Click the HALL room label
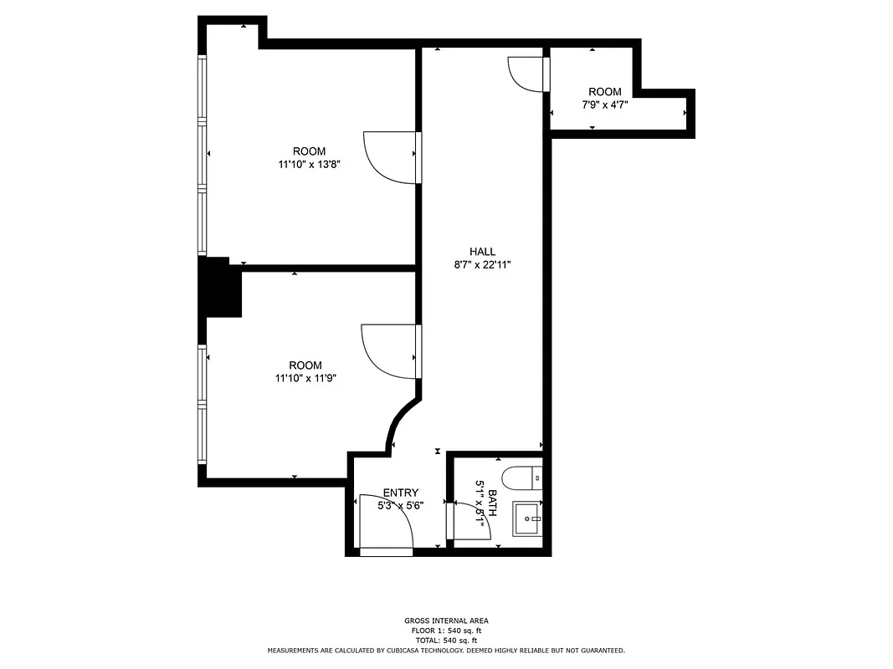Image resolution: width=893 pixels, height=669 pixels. click(x=482, y=251)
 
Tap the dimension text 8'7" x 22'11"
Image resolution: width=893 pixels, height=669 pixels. click(x=482, y=264)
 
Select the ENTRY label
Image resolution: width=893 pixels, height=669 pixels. click(x=400, y=493)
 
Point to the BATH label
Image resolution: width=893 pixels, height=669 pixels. click(x=493, y=503)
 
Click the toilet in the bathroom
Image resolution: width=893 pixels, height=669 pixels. click(x=529, y=477)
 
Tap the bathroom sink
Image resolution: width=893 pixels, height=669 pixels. click(x=528, y=518)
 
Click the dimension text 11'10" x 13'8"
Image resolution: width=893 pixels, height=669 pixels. click(x=309, y=165)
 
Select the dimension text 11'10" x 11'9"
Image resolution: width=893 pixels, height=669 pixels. click(x=305, y=378)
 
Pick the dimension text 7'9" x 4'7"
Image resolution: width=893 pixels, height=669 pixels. click(x=604, y=105)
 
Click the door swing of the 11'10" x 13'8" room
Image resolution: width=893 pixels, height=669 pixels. click(x=389, y=157)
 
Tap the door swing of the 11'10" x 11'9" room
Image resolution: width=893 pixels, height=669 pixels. click(x=387, y=350)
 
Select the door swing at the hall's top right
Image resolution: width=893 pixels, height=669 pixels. click(x=527, y=73)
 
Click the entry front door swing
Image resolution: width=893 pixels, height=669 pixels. click(x=385, y=525)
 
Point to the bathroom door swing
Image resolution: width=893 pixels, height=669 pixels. click(x=470, y=523)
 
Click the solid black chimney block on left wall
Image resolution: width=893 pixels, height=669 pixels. click(x=220, y=287)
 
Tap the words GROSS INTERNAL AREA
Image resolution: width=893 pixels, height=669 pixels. click(x=445, y=620)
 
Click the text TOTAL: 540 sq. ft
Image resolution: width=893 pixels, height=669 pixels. click(x=445, y=640)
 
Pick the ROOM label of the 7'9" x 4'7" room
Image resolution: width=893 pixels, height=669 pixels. click(x=604, y=92)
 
